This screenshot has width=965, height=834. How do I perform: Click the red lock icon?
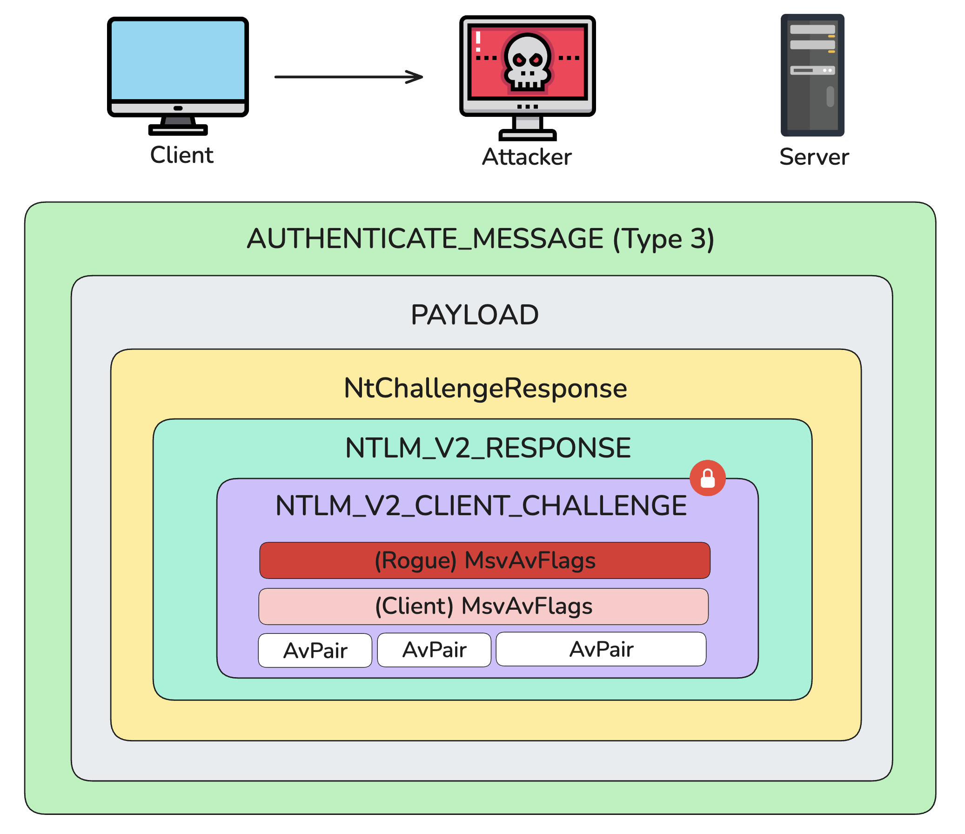(707, 478)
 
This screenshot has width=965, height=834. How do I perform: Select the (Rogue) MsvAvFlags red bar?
(484, 560)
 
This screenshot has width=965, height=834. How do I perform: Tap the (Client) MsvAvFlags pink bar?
(483, 606)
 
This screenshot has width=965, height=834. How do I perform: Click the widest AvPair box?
(601, 649)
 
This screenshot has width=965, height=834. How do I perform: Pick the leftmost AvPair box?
(315, 651)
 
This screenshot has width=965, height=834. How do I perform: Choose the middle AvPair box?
(434, 650)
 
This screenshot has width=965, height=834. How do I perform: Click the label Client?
(181, 155)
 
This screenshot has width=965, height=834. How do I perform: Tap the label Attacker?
(527, 157)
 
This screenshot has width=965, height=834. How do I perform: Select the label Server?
(814, 157)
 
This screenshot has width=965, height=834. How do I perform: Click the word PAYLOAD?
(475, 315)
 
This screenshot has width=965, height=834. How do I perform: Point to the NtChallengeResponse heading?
(485, 388)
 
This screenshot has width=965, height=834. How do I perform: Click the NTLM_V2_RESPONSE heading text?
(488, 448)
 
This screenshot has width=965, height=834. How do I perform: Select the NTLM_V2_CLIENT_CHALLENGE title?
(481, 506)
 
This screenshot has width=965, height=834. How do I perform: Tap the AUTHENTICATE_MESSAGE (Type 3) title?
(480, 239)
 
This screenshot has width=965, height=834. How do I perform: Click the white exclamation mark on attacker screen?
(478, 41)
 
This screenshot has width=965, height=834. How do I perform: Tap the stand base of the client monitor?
(178, 130)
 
